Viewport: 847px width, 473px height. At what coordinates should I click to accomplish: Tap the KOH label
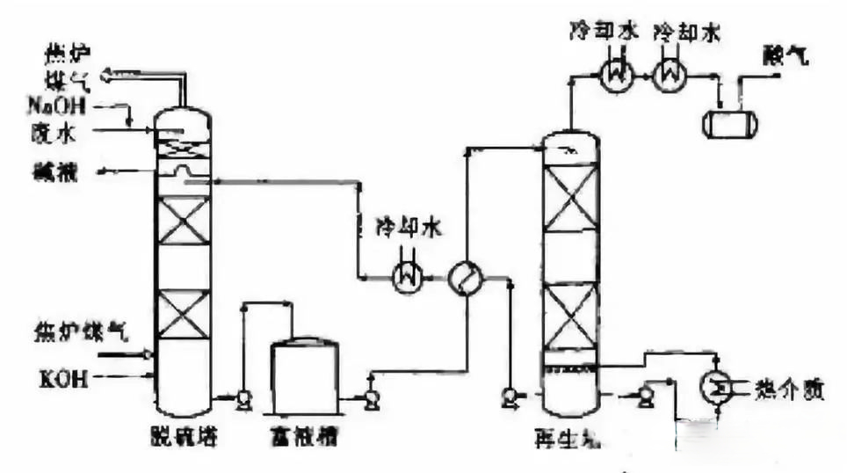click(61, 379)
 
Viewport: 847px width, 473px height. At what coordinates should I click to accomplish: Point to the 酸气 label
click(779, 56)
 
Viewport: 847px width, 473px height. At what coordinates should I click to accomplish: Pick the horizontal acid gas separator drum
click(729, 120)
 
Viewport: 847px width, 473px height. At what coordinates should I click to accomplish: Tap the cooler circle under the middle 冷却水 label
click(407, 277)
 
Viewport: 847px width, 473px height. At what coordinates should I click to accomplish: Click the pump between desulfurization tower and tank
click(243, 400)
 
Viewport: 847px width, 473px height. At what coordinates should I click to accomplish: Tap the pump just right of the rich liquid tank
click(371, 400)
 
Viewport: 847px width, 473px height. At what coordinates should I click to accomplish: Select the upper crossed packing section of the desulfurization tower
click(183, 220)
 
